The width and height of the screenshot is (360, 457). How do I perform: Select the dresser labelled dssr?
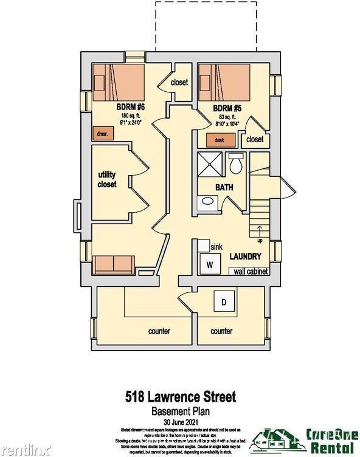pyautogui.click(x=100, y=133)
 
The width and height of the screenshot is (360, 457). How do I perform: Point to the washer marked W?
pyautogui.click(x=210, y=265)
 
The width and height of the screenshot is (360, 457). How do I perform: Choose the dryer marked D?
pyautogui.click(x=223, y=301)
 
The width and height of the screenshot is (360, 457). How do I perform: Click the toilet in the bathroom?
pyautogui.click(x=236, y=163)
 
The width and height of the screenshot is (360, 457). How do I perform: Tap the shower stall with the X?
pyautogui.click(x=210, y=164)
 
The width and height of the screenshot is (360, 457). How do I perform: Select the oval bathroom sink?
pyautogui.click(x=208, y=201)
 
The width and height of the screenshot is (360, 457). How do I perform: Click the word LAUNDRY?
pyautogui.click(x=245, y=256)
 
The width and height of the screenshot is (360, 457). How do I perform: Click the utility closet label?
pyautogui.click(x=107, y=179)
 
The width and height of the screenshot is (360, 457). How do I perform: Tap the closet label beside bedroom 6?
pyautogui.click(x=179, y=82)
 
